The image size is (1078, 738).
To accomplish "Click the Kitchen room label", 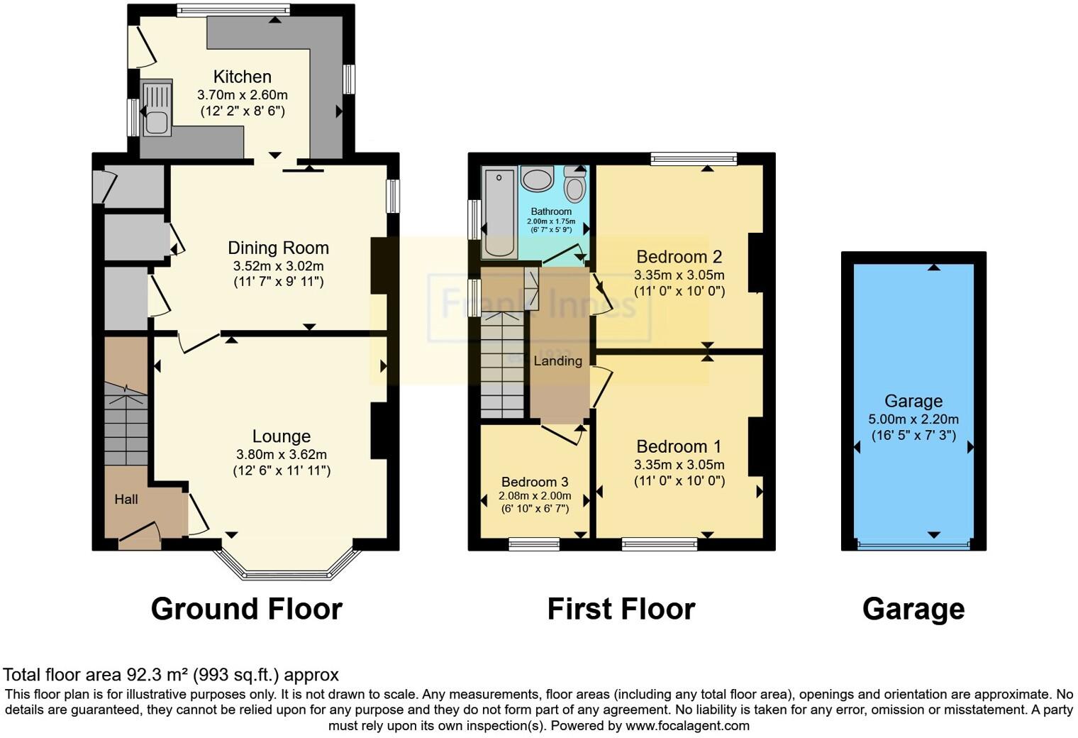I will (243, 77).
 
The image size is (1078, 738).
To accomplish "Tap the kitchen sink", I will (156, 109).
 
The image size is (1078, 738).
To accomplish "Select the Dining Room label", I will (278, 248).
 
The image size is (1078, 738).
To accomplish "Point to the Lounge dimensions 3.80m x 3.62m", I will (282, 454).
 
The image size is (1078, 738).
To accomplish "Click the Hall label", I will (126, 500).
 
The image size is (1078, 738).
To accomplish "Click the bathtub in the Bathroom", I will (499, 212).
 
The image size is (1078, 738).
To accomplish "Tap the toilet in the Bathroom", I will (575, 186).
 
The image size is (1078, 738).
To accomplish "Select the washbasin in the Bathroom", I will (537, 180).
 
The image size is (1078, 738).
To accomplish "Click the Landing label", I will (558, 361).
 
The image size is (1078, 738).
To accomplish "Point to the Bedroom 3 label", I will (535, 483).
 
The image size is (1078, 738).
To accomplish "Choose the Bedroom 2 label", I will (679, 257).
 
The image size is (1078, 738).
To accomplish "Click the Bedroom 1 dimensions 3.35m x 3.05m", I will (679, 465).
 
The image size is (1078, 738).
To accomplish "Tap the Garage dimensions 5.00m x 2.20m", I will (913, 419).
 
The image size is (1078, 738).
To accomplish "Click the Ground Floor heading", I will (246, 609).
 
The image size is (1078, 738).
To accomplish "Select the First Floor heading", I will (621, 609).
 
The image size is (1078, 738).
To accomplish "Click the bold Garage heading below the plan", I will (913, 609).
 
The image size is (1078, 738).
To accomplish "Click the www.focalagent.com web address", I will (687, 726).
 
